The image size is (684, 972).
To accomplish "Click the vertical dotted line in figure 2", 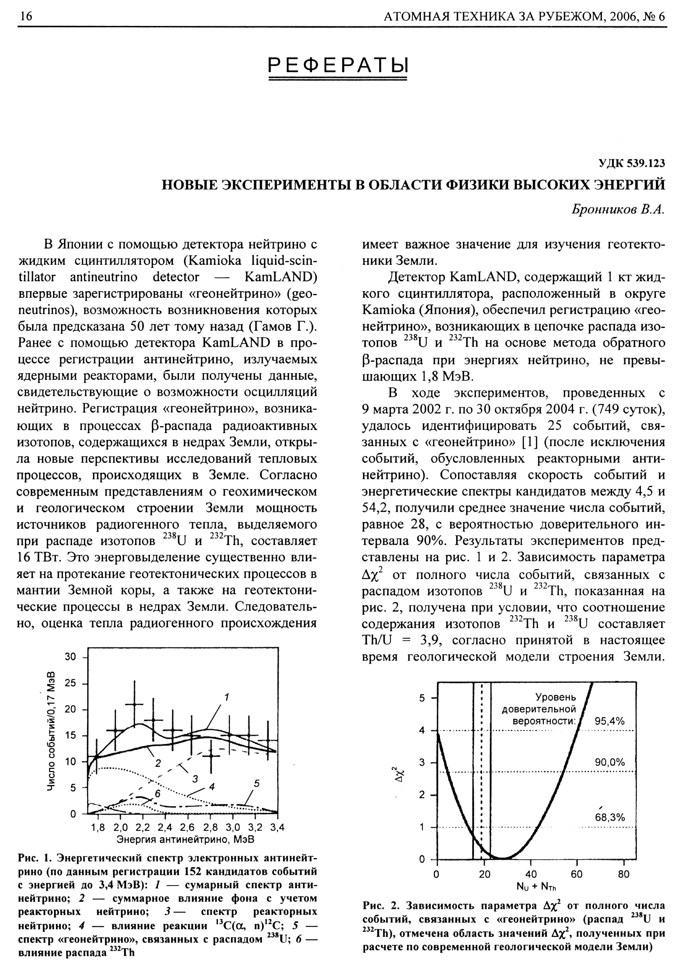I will click(482, 762).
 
